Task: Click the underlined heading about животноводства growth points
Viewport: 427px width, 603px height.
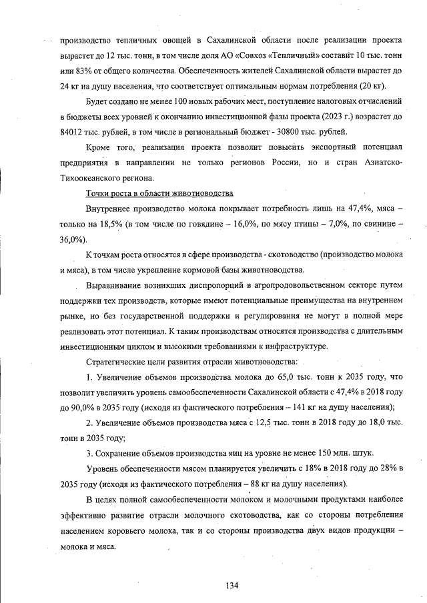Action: (x=159, y=193)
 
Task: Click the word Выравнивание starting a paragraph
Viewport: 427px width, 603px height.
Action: (x=116, y=285)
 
